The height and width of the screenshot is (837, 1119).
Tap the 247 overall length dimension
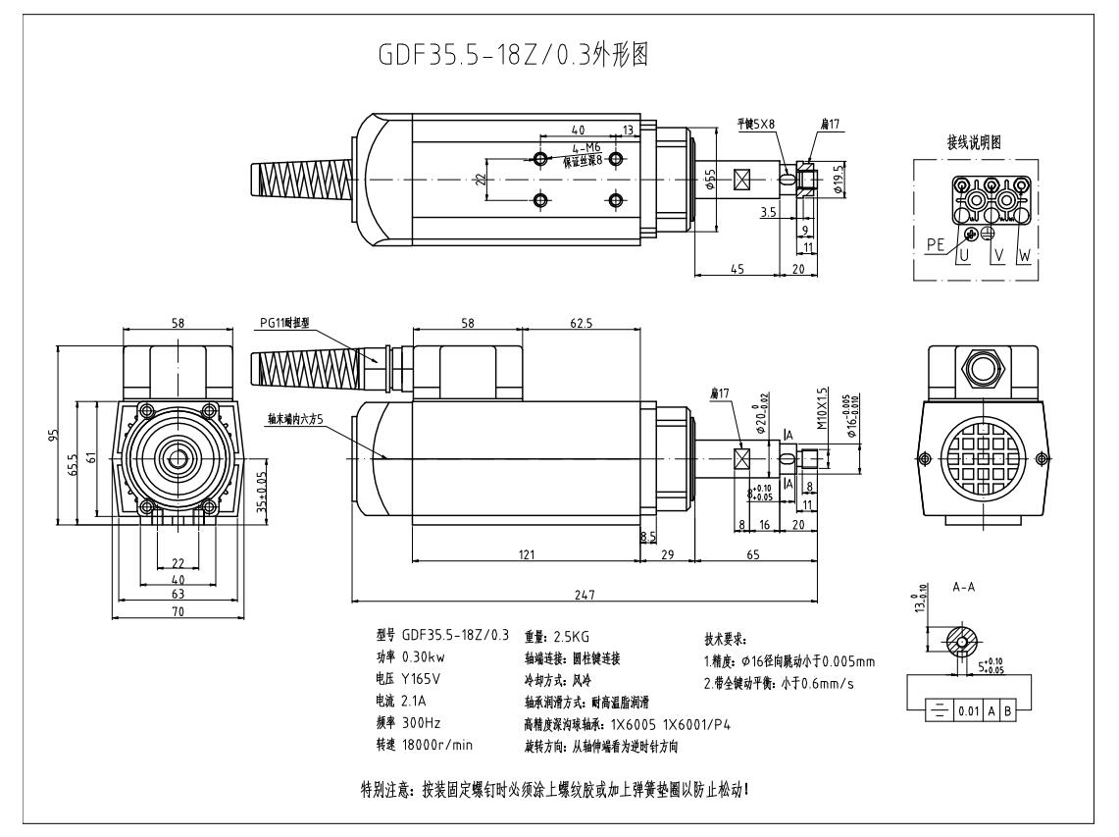585,594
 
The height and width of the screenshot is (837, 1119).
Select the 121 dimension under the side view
527,555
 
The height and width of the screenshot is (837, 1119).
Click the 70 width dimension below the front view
178,611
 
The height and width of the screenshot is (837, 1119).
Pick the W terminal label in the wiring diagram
1025,255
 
